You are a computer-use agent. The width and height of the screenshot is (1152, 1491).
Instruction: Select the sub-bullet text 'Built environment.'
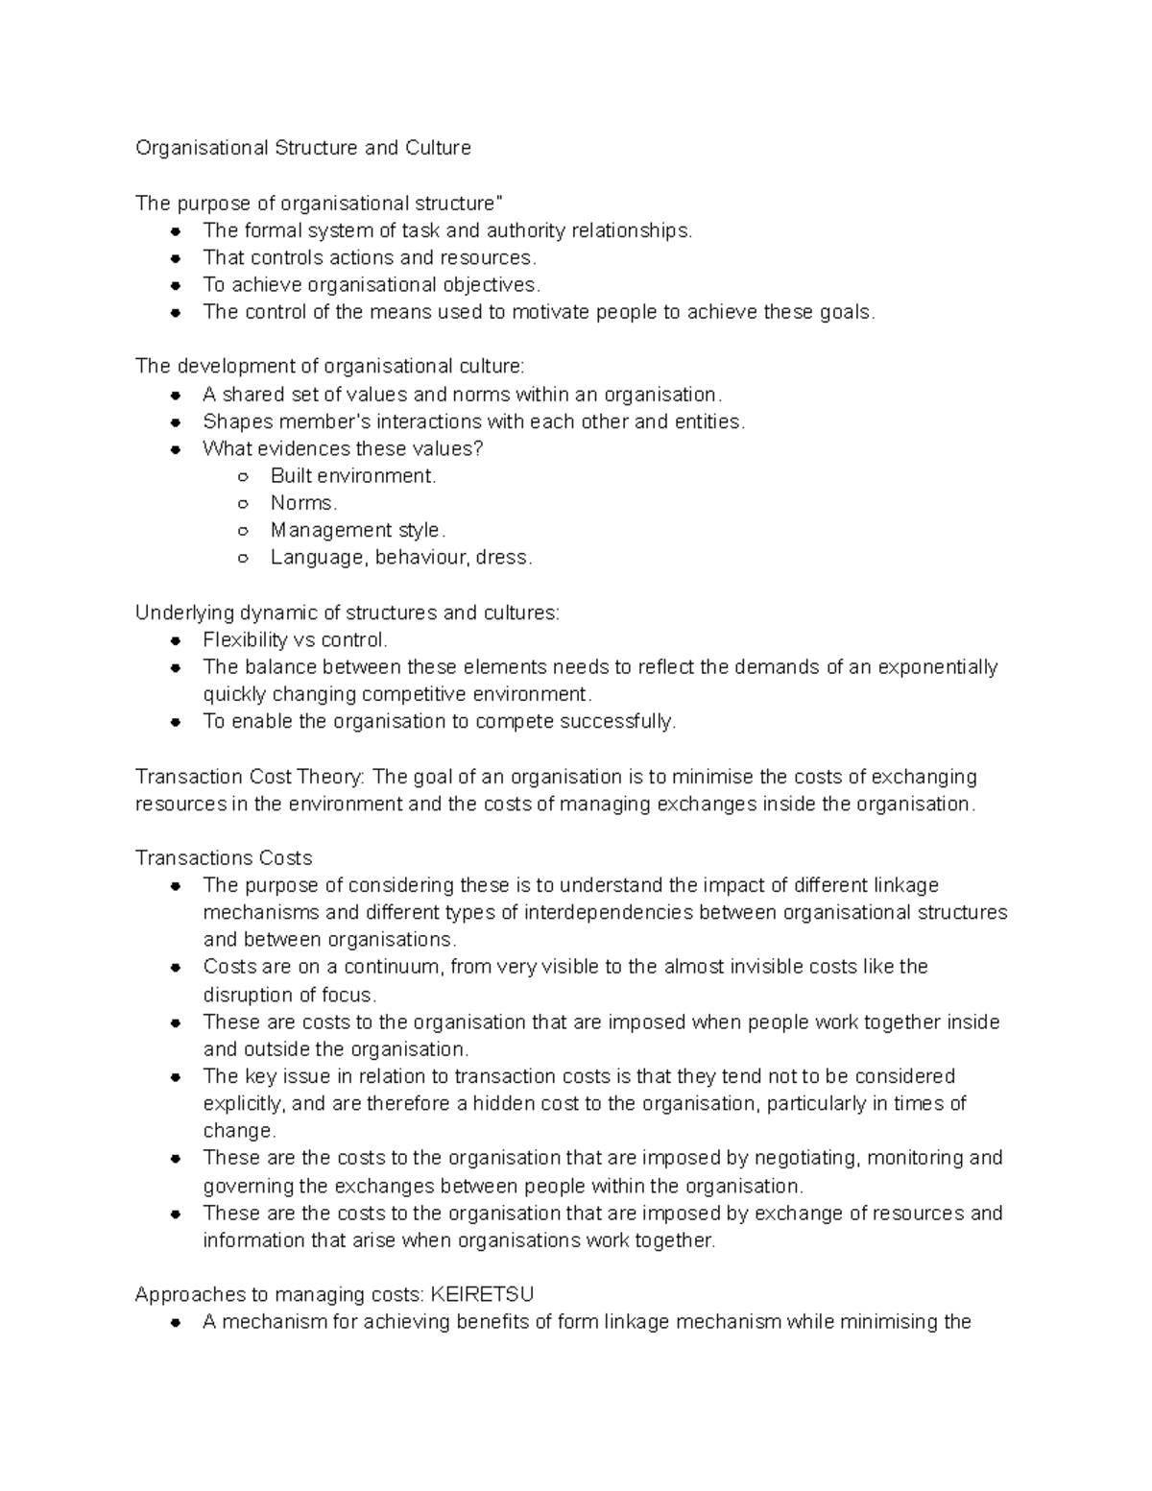click(x=353, y=476)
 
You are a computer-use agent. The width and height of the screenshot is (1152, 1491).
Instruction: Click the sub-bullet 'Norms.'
click(x=303, y=503)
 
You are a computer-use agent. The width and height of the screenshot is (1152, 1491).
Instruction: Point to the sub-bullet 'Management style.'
click(x=358, y=530)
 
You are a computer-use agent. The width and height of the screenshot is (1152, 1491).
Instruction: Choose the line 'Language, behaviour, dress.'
click(x=400, y=558)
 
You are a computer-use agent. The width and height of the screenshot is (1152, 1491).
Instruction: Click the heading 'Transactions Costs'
click(x=224, y=857)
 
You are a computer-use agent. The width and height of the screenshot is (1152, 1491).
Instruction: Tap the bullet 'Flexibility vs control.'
click(x=296, y=639)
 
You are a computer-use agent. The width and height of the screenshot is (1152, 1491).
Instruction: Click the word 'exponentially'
click(x=938, y=667)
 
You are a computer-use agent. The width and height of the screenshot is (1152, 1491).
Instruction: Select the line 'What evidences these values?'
click(x=343, y=448)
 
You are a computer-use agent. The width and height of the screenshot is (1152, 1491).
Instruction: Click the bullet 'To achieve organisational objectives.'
click(x=372, y=285)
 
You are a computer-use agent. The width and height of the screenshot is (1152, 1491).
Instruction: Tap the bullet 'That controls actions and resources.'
click(x=370, y=257)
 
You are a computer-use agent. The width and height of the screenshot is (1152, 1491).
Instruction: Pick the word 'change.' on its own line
click(x=239, y=1131)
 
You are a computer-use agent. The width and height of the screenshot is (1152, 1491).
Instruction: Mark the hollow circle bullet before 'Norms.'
click(x=244, y=504)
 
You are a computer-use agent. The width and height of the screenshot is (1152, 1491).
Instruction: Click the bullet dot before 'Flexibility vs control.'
click(x=176, y=641)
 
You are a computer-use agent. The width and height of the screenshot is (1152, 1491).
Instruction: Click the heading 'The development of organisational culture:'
click(x=330, y=366)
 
